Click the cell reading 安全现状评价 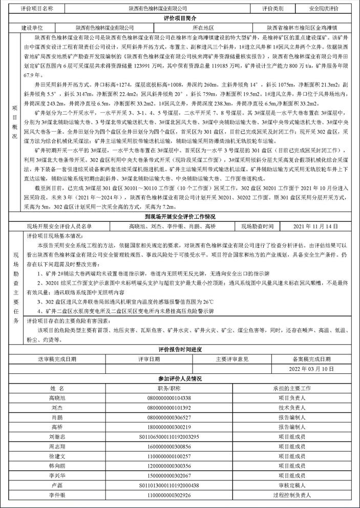coord(324,9)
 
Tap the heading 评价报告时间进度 coord(180,350)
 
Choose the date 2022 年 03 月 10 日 coord(311,369)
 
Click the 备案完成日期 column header coord(311,359)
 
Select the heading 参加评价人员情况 coord(180,378)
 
